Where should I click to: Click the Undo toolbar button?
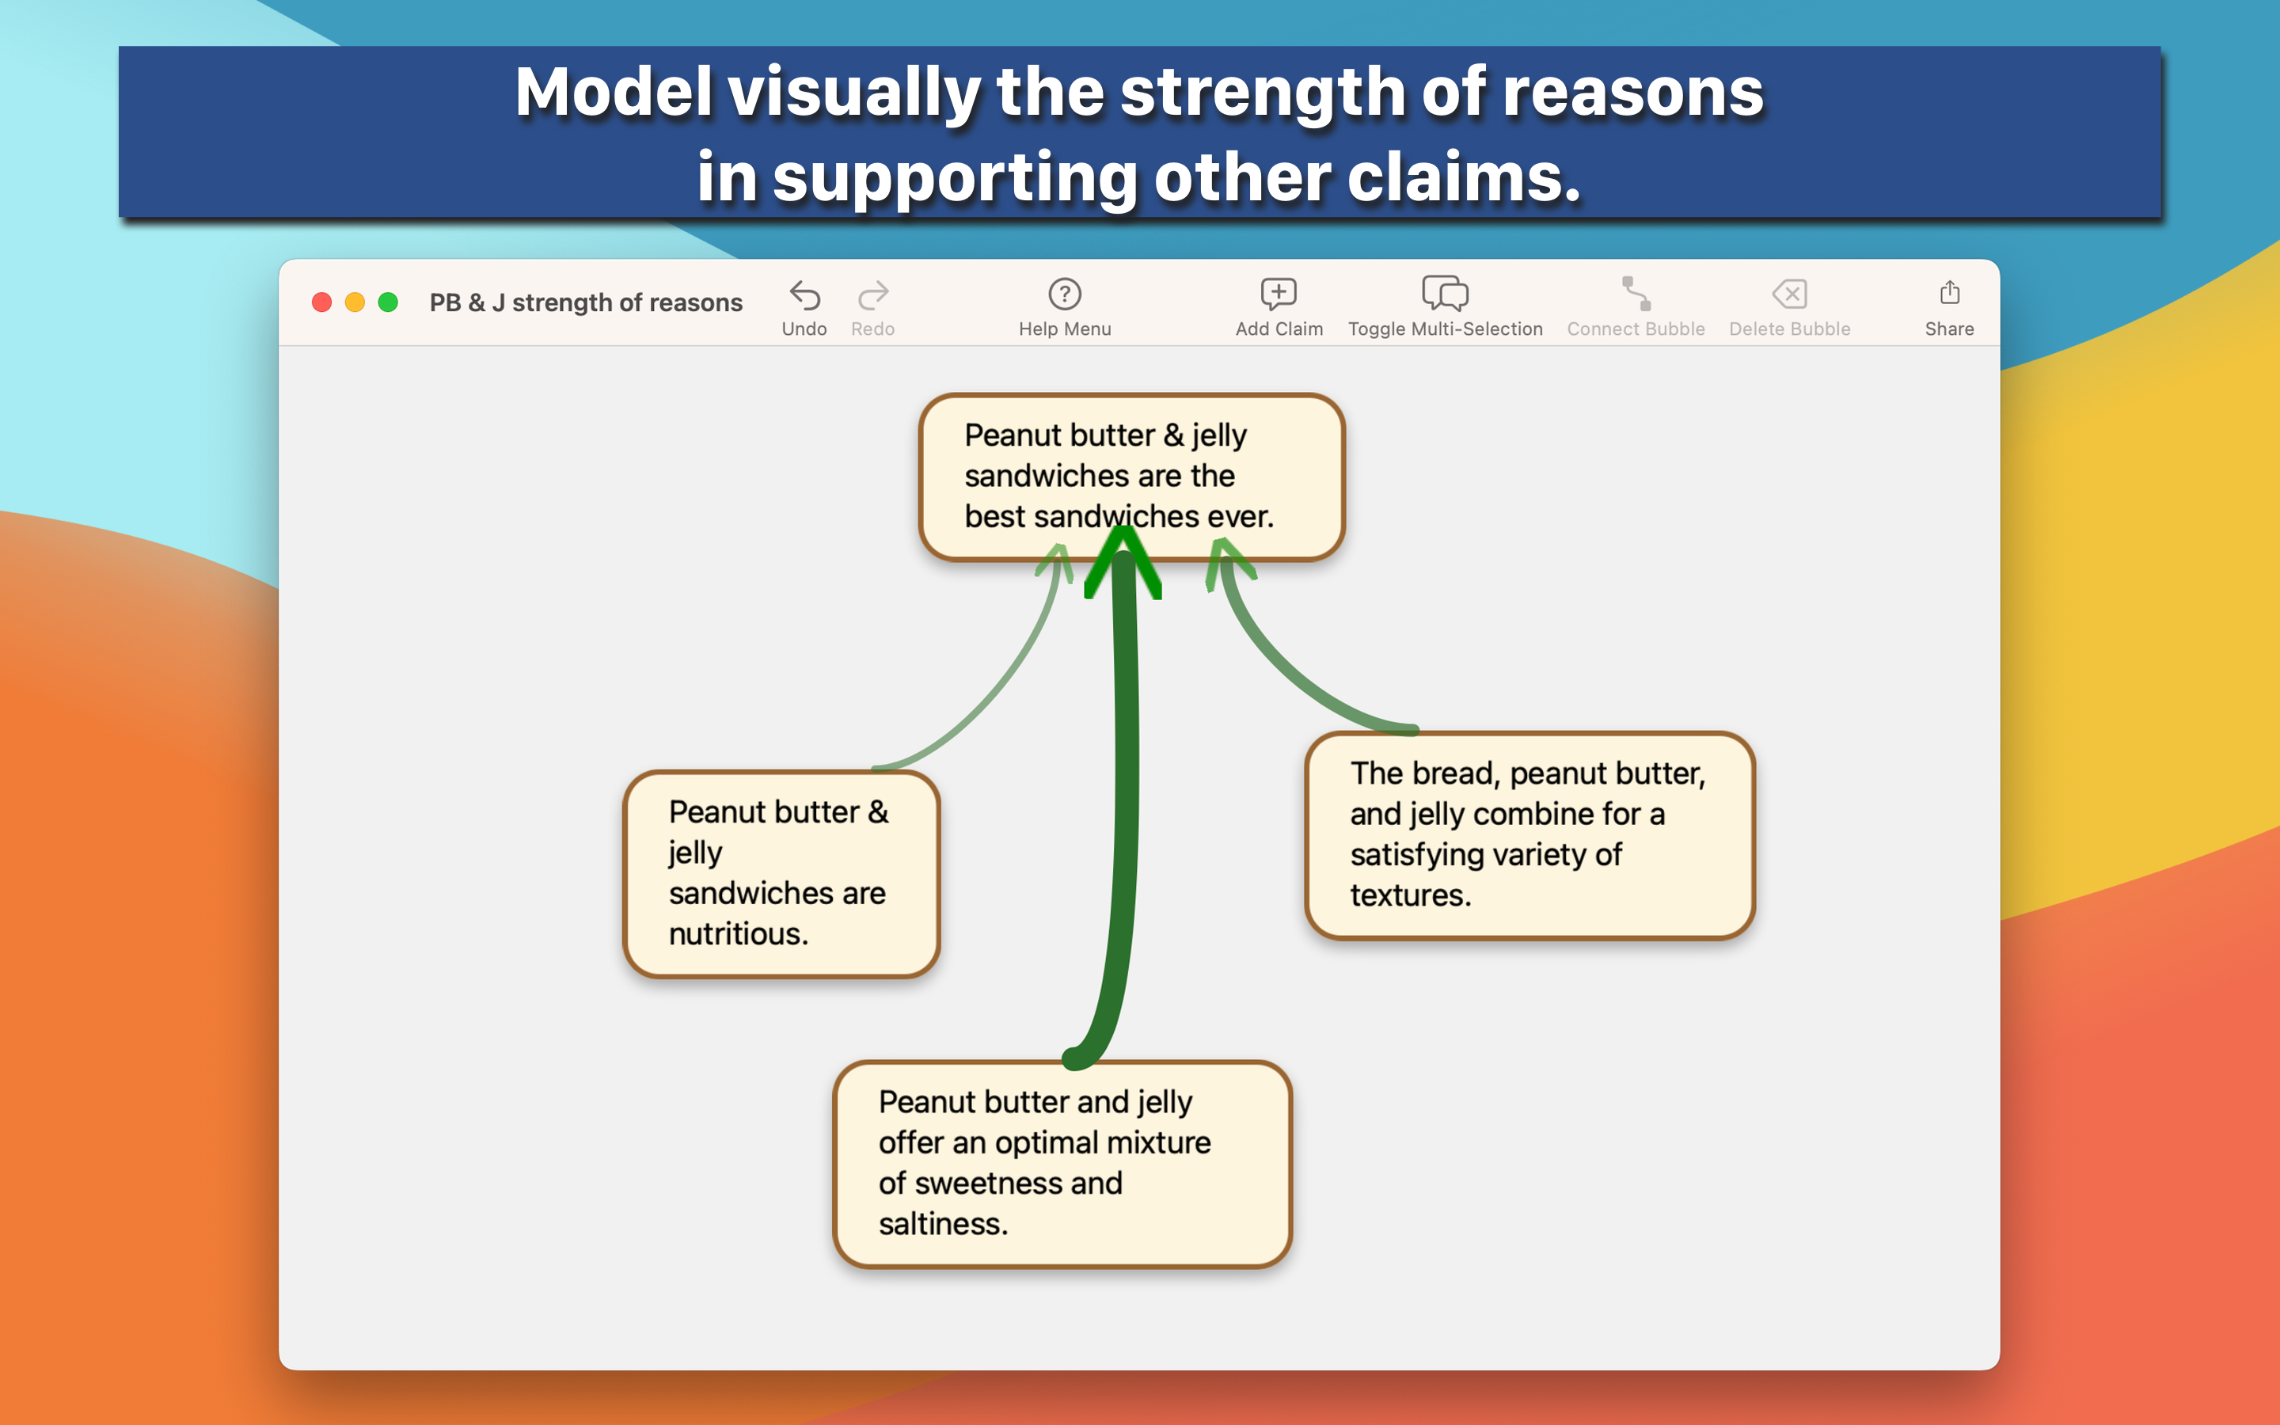(804, 306)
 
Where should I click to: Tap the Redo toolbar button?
(872, 306)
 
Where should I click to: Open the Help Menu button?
(1065, 306)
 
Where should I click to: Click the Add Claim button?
(1279, 306)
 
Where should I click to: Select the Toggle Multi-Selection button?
(1444, 306)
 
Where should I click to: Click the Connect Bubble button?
(1636, 306)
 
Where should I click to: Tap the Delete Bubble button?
(1789, 306)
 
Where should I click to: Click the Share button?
(1948, 306)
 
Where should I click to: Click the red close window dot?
(322, 302)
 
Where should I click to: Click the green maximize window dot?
(388, 302)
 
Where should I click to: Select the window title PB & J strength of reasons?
(586, 302)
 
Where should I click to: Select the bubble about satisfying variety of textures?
(1528, 835)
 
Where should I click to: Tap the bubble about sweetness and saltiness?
(1062, 1164)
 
